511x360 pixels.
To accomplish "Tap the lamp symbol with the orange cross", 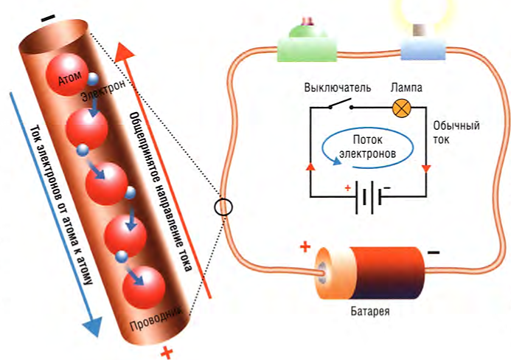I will (401, 107).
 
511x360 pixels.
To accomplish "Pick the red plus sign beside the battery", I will (305, 246).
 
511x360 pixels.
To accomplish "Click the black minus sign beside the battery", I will (433, 252).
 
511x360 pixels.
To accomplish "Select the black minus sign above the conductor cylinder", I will (48, 18).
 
